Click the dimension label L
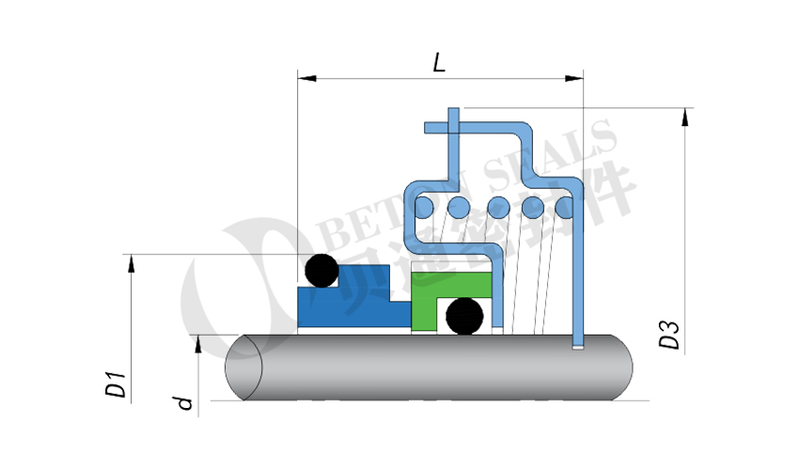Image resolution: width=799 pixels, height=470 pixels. tap(438, 63)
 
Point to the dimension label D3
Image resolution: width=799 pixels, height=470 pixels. tap(669, 336)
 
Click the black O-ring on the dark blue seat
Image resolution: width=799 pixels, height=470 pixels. tap(320, 271)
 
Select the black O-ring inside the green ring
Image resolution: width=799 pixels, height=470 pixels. tap(464, 316)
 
